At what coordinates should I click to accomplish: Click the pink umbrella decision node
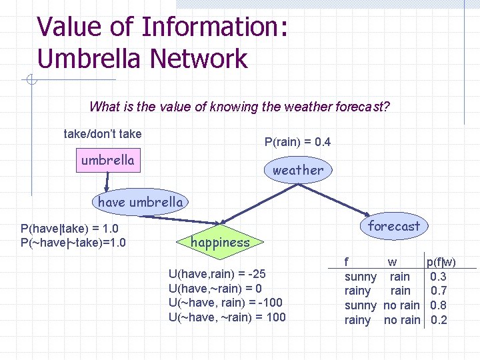coord(107,161)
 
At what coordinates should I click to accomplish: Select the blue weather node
coord(297,170)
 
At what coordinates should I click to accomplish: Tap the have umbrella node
coord(140,202)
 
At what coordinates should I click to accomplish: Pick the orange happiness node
coord(220,243)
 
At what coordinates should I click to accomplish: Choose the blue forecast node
coord(393,226)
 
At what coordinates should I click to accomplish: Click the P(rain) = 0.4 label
coord(297,142)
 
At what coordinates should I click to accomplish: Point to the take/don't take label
coord(102,134)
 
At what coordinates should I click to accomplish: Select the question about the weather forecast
coord(239,107)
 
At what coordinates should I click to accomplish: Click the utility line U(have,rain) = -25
coord(218,273)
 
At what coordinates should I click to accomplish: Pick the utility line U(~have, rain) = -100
coord(225,303)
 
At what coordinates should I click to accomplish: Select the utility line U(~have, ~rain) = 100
coord(227,317)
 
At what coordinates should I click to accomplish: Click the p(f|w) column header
coord(441,262)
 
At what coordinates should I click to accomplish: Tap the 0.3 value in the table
coord(439,276)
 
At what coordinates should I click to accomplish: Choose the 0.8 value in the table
coord(439,305)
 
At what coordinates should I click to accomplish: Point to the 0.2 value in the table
coord(439,320)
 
